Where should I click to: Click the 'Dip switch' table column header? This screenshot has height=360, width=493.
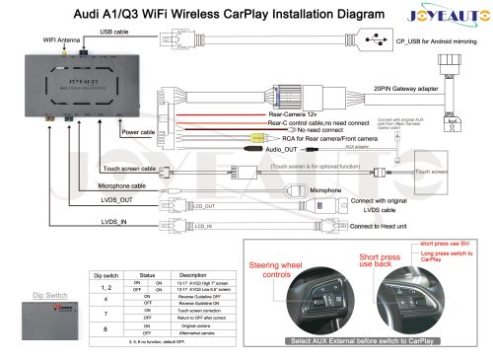point(104,275)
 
